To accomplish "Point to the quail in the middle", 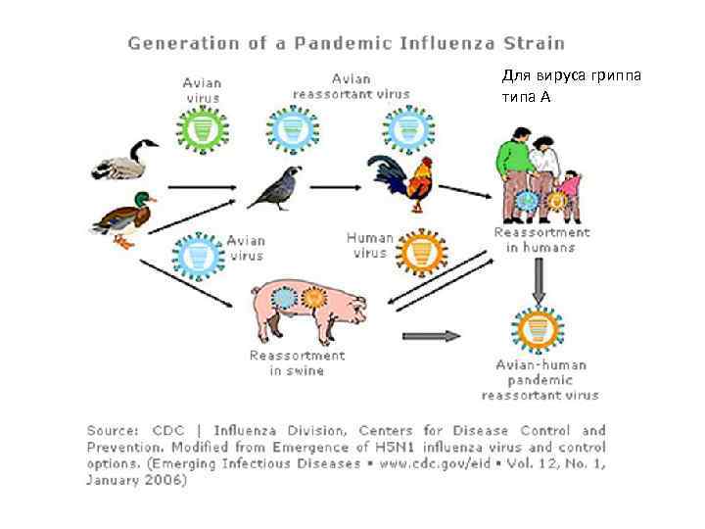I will tap(274, 187).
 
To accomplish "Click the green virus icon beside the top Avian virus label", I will tap(204, 127).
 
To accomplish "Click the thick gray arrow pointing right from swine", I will tap(432, 337).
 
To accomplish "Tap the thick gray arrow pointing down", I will tap(538, 283).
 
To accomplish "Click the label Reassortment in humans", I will tap(541, 240).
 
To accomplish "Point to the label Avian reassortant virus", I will tap(352, 86).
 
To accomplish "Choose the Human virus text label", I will tap(370, 245).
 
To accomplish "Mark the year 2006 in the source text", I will tap(164, 480).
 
